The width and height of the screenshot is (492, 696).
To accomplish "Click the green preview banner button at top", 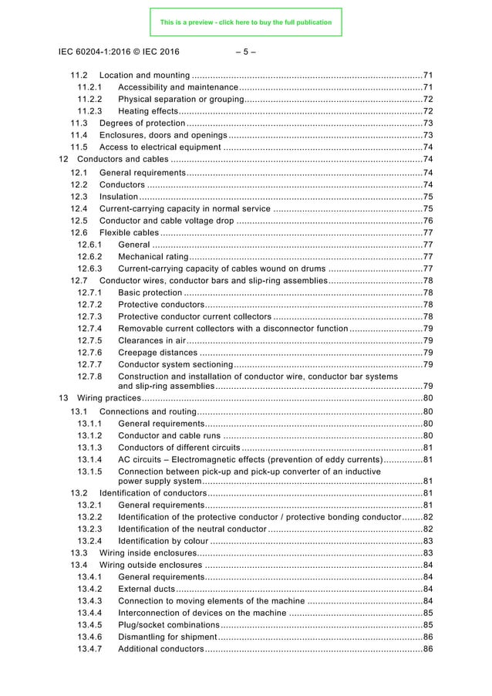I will pos(245,22).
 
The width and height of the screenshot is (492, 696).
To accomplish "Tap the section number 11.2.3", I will pos(89,111).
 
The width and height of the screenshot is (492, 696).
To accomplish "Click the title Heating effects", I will pos(149,111).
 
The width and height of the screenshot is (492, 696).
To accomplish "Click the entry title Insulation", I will pos(119,197).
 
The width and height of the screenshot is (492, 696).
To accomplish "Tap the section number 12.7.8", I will pos(89,376).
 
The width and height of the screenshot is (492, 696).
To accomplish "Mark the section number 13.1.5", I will pos(89,471).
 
